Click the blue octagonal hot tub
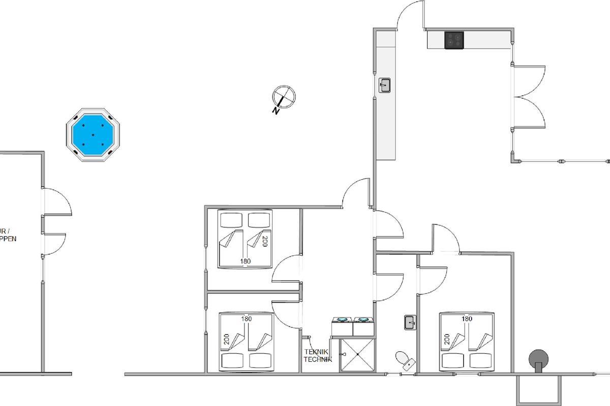(x=93, y=134)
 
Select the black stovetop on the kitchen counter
(x=454, y=40)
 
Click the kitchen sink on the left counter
(x=385, y=85)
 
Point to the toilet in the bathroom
(x=406, y=359)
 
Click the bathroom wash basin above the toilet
(x=410, y=322)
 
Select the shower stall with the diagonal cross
(x=357, y=355)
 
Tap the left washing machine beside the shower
(x=342, y=326)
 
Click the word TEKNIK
(x=316, y=352)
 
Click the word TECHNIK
(x=318, y=359)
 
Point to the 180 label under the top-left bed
(x=246, y=261)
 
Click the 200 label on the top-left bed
(x=264, y=241)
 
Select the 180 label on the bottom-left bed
(x=247, y=319)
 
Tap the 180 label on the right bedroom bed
(x=467, y=319)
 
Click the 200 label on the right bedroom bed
(x=446, y=340)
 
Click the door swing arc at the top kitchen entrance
(x=409, y=13)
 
